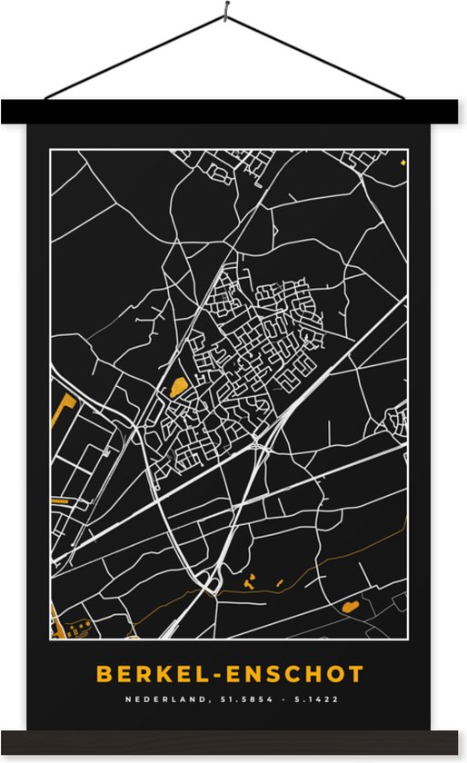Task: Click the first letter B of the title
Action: click(x=104, y=675)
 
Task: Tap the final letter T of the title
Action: click(x=356, y=675)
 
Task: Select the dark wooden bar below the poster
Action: click(x=233, y=741)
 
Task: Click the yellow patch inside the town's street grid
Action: click(x=177, y=387)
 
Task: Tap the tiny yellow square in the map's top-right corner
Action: click(x=402, y=163)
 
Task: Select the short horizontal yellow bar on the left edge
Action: click(x=61, y=500)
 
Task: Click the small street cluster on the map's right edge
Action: click(x=397, y=420)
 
